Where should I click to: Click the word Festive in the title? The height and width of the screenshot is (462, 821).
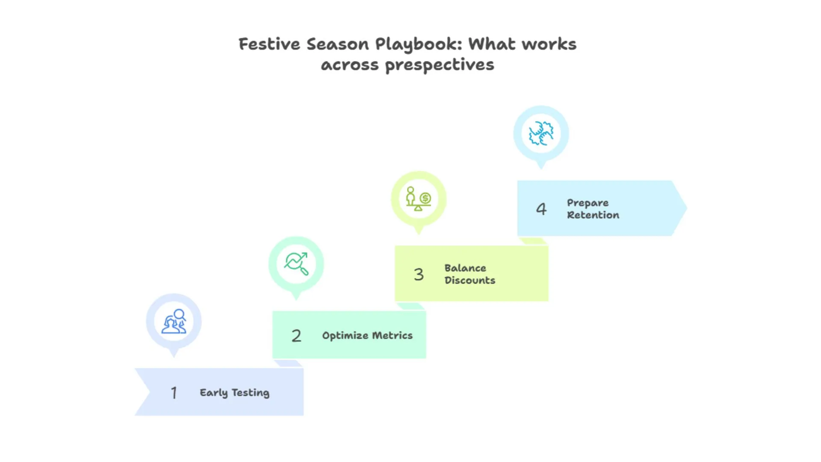[x=269, y=44]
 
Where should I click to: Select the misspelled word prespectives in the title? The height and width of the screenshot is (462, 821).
[x=439, y=65]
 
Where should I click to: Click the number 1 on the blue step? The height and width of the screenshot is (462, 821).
[x=174, y=393]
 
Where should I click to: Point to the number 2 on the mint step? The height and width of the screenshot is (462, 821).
[x=296, y=336]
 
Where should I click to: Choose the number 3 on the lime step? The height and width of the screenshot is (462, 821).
[x=419, y=274]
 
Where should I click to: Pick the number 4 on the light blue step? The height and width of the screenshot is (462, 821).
[x=541, y=209]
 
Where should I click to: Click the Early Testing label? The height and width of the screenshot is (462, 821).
[x=234, y=393]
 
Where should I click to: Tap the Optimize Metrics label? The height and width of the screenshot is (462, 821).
[x=367, y=336]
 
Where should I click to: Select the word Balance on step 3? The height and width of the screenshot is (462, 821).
[x=465, y=268]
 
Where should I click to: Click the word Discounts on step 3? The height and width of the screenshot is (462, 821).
[x=470, y=281]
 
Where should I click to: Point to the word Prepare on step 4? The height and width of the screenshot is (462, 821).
[x=588, y=203]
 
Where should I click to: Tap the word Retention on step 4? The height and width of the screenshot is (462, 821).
[x=593, y=215]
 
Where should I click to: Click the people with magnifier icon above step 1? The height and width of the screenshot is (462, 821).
[x=174, y=321]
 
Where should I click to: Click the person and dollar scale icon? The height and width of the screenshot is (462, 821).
[x=419, y=199]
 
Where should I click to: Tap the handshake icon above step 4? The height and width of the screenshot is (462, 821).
[x=541, y=133]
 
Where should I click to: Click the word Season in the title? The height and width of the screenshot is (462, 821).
[x=337, y=44]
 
